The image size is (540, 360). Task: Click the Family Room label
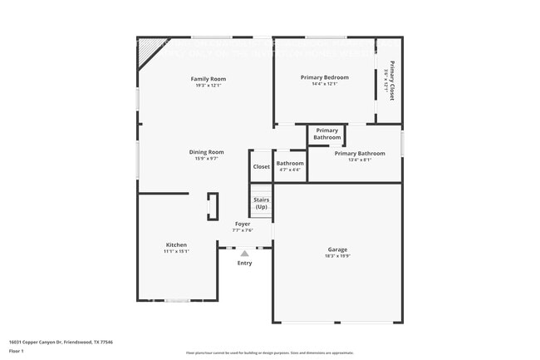click(x=209, y=78)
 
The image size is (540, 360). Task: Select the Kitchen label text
click(x=176, y=244)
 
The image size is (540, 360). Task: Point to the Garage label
click(x=337, y=249)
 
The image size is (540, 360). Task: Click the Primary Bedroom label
click(x=324, y=77)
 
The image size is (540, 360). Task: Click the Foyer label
click(x=243, y=224)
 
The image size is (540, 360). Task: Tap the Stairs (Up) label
click(x=261, y=204)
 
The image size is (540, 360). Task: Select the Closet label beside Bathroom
click(x=262, y=166)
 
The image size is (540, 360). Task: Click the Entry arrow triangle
click(x=244, y=254)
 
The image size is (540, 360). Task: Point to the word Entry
click(x=244, y=264)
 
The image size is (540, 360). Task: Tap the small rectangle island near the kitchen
click(x=213, y=206)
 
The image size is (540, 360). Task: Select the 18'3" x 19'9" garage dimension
click(x=337, y=256)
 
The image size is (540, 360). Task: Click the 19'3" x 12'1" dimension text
click(x=209, y=85)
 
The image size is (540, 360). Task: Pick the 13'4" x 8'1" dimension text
click(x=360, y=160)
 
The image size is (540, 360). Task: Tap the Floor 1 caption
click(x=17, y=352)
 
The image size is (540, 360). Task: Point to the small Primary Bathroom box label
click(x=327, y=134)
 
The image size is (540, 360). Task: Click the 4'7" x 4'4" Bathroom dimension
click(x=290, y=170)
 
